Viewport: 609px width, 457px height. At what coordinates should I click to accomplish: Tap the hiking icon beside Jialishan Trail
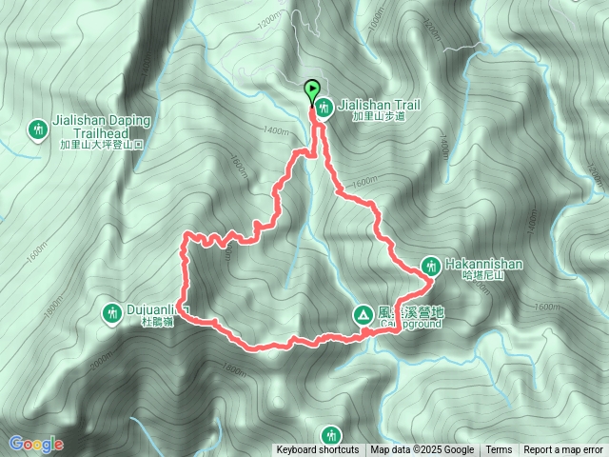(324, 108)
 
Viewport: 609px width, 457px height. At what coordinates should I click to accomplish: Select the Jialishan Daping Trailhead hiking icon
(38, 129)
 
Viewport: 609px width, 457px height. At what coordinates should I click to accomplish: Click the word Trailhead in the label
(100, 134)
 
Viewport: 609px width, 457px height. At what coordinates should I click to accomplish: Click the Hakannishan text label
(481, 262)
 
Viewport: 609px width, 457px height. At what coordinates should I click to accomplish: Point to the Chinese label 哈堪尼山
(480, 275)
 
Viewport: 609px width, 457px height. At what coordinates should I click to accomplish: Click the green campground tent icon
(363, 313)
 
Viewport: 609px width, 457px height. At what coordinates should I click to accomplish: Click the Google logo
(35, 444)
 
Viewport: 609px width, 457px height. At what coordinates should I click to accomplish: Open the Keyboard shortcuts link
(318, 450)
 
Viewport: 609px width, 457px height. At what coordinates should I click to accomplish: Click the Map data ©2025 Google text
(422, 450)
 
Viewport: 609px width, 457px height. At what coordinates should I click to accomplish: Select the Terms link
(499, 450)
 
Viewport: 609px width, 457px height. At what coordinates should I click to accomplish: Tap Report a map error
(564, 450)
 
